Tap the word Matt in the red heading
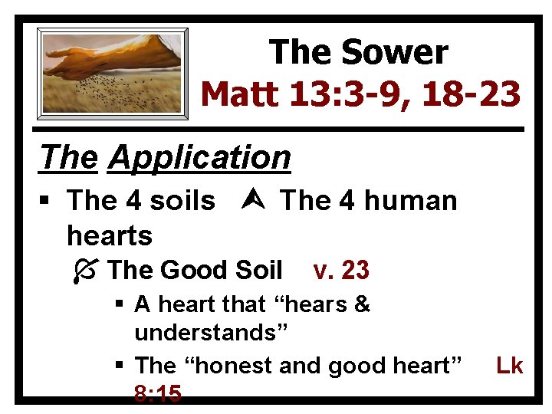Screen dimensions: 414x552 (241, 95)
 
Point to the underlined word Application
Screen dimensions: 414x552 (199, 157)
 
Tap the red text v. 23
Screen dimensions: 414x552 (341, 270)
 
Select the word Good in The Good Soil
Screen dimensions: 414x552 (189, 270)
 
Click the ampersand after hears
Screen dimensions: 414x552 (362, 304)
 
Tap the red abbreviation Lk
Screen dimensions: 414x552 (509, 366)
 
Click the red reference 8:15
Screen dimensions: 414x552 (157, 394)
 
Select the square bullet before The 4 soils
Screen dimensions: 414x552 (48, 202)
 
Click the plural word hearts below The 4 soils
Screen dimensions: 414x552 (110, 235)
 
